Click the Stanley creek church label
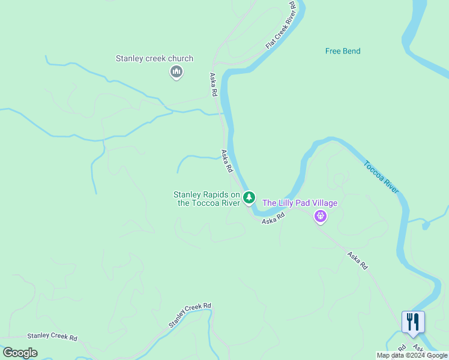[x=154, y=59]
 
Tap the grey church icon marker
[x=176, y=73]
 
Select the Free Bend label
[x=343, y=51]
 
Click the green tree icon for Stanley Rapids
[x=249, y=197]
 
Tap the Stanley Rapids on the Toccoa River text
[x=206, y=199]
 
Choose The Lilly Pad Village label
[x=300, y=203]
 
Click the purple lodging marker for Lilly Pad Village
[x=321, y=216]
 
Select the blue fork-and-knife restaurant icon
[x=412, y=322]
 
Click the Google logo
[x=20, y=353]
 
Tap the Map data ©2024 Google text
[x=412, y=355]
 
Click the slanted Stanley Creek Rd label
[x=190, y=315]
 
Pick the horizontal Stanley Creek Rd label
[x=52, y=337]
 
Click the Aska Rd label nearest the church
[x=212, y=85]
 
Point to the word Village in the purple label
[x=325, y=203]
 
